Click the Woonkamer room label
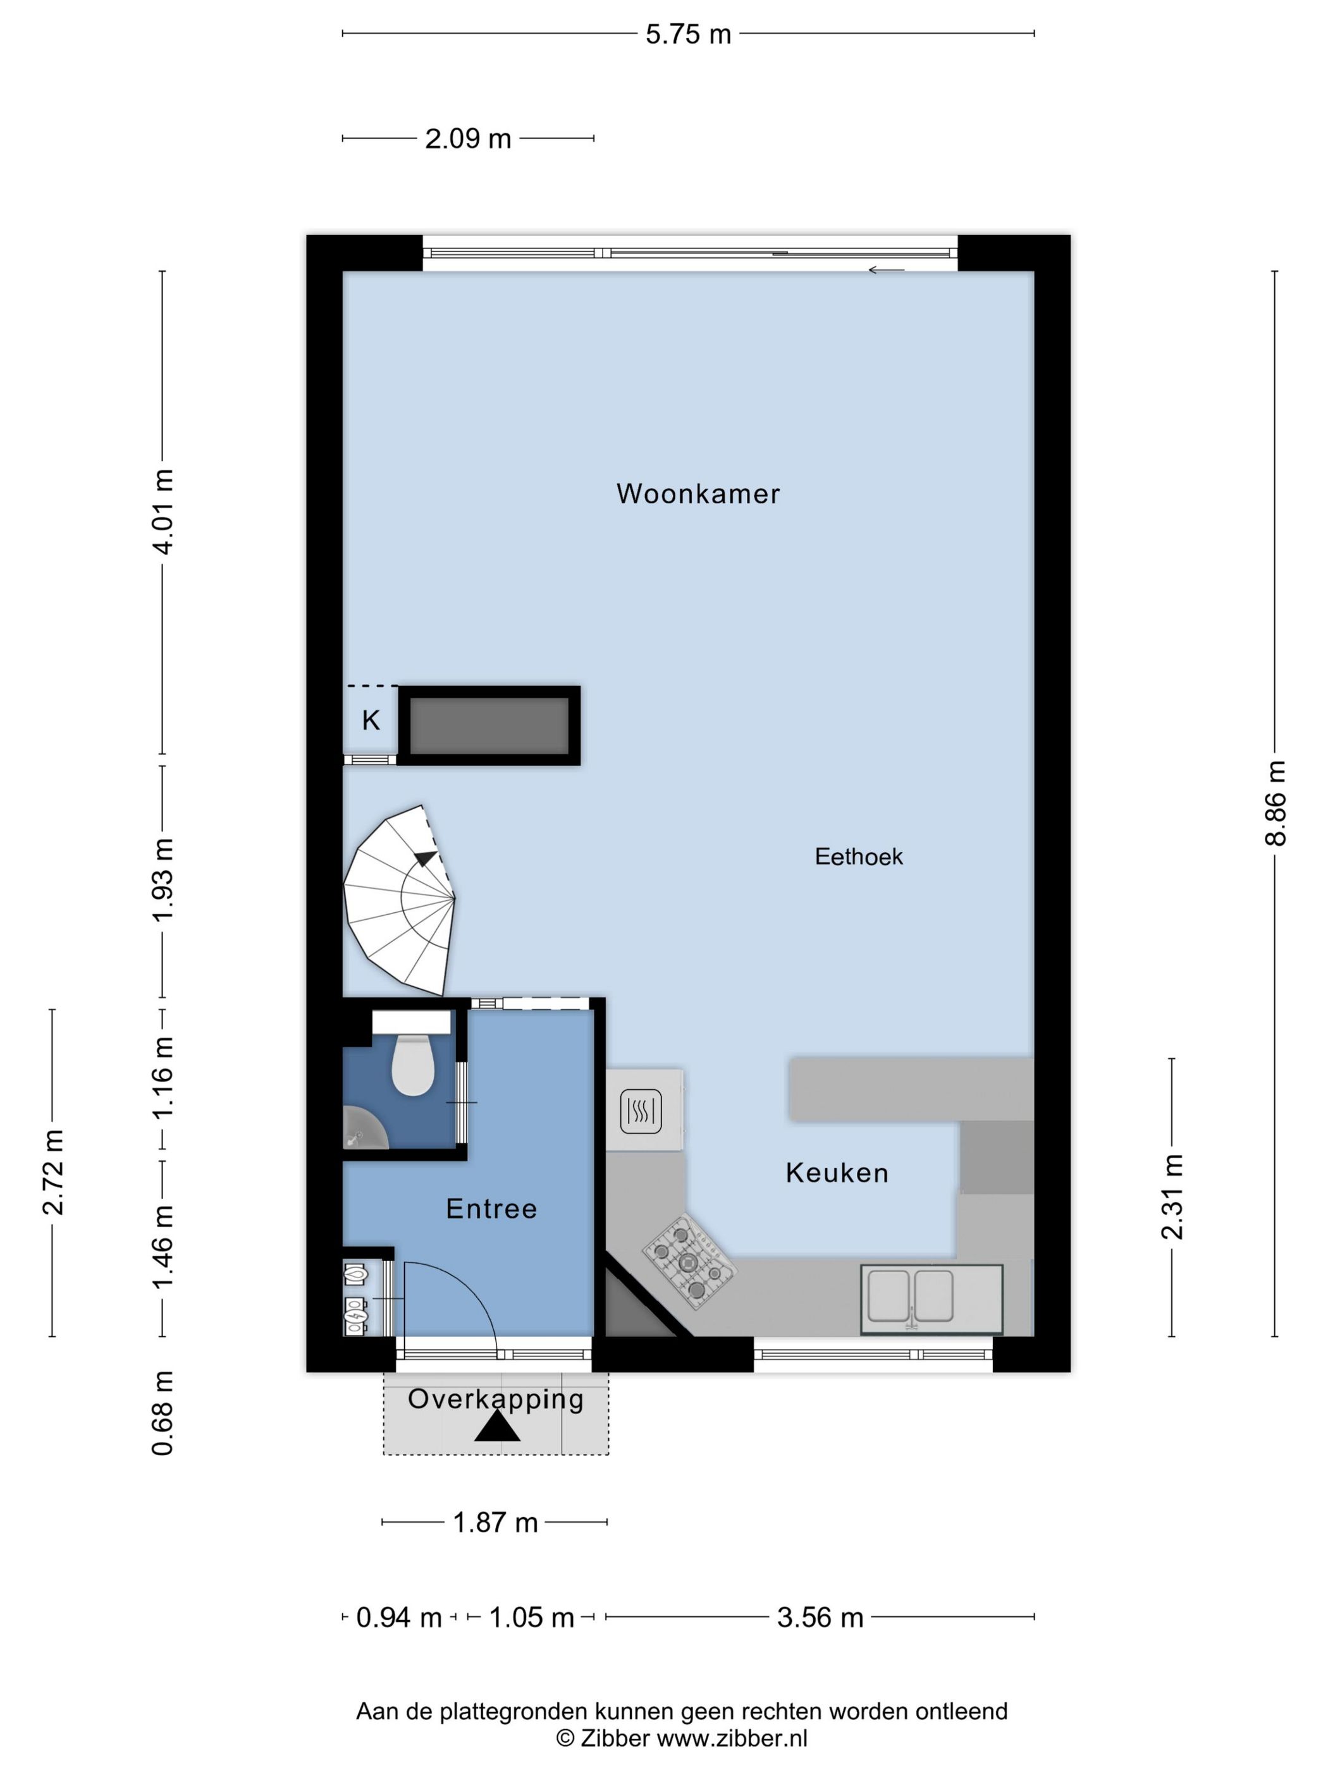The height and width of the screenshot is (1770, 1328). click(698, 494)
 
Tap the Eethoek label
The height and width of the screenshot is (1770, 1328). click(858, 857)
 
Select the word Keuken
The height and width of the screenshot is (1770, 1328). click(837, 1173)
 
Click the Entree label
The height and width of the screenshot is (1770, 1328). click(491, 1208)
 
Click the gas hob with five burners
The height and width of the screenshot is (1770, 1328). click(689, 1262)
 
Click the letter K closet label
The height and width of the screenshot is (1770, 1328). click(371, 720)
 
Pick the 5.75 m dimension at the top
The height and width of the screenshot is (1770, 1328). click(687, 34)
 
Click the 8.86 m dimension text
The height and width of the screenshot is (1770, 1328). click(1275, 803)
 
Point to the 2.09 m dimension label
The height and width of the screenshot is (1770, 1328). click(467, 139)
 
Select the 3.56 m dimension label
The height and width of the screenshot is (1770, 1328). click(820, 1617)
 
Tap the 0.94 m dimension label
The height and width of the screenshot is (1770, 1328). click(398, 1617)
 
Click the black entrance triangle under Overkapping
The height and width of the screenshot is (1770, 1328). click(496, 1427)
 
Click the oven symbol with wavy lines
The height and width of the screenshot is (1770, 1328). click(641, 1111)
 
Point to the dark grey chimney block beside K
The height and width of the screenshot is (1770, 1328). click(489, 725)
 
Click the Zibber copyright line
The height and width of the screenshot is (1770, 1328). click(681, 1738)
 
